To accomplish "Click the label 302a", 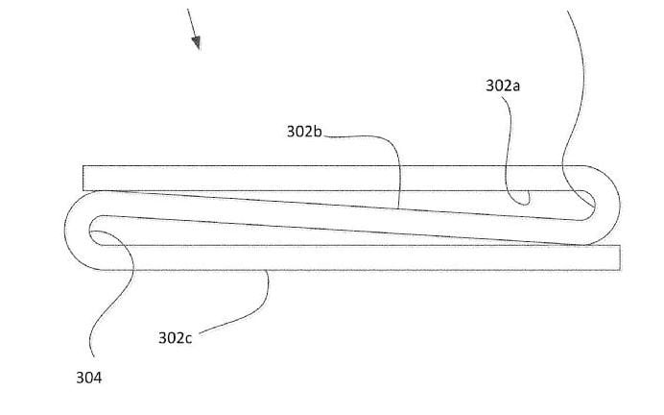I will [x=503, y=85].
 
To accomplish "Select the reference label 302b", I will [x=306, y=131].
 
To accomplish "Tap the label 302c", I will [x=176, y=337].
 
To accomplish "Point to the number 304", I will [x=88, y=378].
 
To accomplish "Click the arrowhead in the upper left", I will [x=196, y=41].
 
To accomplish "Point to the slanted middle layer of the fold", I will [x=336, y=217].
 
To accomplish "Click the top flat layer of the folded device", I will [x=288, y=178].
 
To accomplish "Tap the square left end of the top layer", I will [x=86, y=178].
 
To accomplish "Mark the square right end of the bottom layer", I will [x=617, y=256].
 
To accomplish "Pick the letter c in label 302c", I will [x=189, y=338].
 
